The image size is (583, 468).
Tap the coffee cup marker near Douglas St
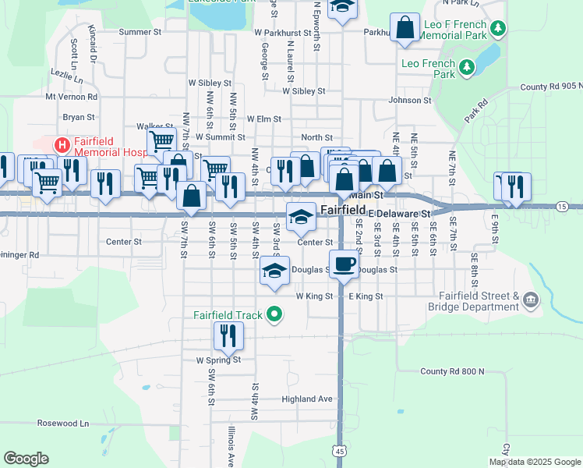(344, 264)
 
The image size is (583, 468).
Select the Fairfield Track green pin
(274, 315)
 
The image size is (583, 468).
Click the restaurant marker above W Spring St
(228, 335)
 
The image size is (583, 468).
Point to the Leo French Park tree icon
(468, 68)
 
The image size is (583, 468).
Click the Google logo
(26, 459)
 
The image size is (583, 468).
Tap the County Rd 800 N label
(452, 371)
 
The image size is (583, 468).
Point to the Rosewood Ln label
(63, 423)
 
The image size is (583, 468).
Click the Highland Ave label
(307, 399)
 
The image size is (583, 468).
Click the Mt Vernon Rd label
(71, 97)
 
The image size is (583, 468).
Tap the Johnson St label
(410, 100)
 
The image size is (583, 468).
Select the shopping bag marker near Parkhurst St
(405, 27)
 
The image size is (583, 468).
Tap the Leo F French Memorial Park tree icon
(496, 29)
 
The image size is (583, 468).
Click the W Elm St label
(263, 119)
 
